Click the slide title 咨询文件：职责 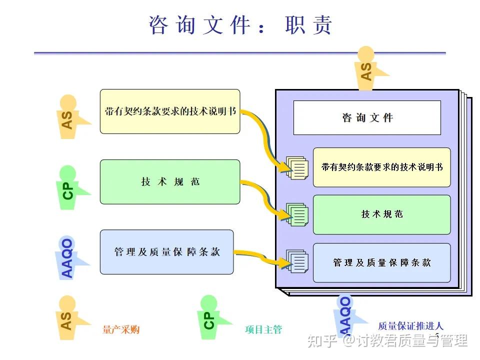(240, 25)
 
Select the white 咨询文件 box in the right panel (367, 118)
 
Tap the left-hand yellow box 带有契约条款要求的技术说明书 (170, 111)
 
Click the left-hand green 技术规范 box (170, 182)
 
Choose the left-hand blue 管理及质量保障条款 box (167, 252)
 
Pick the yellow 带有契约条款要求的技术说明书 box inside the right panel (381, 167)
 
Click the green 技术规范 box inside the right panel (381, 214)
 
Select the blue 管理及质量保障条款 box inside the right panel (381, 262)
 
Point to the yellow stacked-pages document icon (297, 167)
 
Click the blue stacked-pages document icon (297, 261)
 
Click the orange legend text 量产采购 (121, 329)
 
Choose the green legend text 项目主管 (263, 329)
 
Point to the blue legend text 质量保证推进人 (410, 326)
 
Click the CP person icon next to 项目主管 (210, 317)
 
